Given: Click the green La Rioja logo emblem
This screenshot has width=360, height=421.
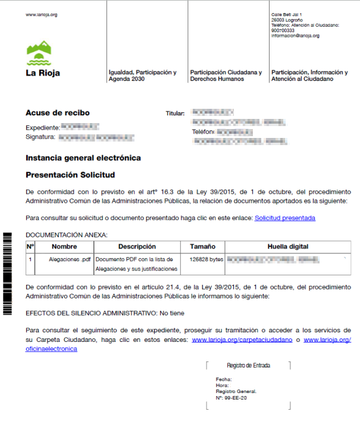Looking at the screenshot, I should [x=40, y=53].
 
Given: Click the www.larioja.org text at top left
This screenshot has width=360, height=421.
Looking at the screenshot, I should [x=42, y=14].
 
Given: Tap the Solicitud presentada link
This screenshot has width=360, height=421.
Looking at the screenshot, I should [x=284, y=218].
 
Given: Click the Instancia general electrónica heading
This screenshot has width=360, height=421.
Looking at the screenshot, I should [x=83, y=158].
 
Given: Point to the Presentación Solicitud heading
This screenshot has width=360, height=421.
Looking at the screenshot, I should [x=70, y=175].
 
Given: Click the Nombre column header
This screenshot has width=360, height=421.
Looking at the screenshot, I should [x=64, y=246].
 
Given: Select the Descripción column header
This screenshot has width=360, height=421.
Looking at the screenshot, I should [x=137, y=246].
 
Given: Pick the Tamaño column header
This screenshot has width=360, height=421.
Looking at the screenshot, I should [x=202, y=246].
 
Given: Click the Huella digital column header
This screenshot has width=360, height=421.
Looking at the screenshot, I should [x=288, y=246].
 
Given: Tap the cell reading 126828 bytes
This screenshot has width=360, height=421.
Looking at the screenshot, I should [x=206, y=259].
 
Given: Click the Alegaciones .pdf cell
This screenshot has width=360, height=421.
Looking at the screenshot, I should [x=70, y=259].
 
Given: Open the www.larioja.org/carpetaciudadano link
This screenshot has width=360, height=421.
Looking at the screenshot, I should [x=242, y=340].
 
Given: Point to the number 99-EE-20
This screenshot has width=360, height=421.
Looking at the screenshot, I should [x=234, y=397].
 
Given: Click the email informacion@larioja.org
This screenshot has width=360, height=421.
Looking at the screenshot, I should [x=295, y=36].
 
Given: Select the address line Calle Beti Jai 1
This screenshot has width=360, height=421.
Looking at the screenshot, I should [x=287, y=14].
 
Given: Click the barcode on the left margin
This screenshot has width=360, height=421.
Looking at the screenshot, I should [x=8, y=274].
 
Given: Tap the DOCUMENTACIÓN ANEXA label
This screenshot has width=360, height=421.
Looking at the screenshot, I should [x=67, y=235].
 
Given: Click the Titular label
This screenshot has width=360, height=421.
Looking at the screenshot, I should [x=176, y=113].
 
